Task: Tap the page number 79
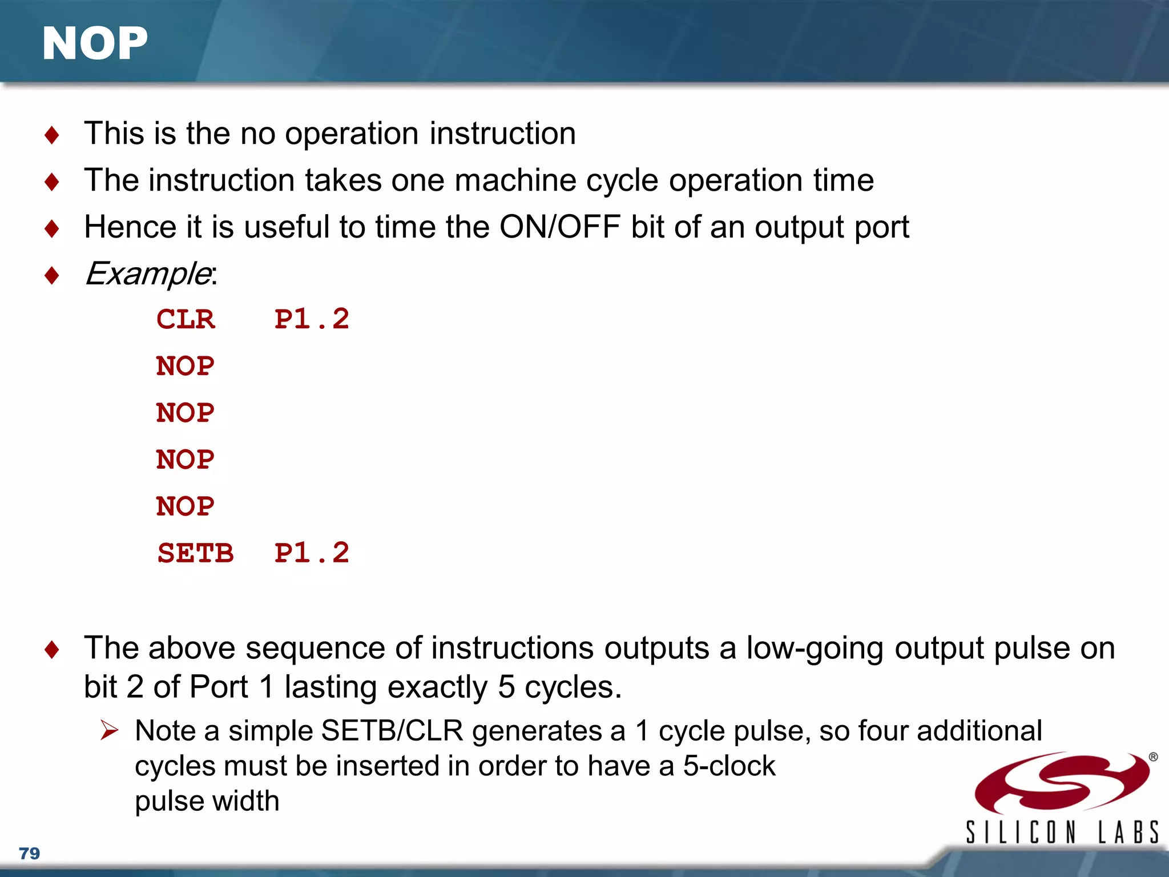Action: (x=29, y=853)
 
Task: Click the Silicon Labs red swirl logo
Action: (x=1062, y=783)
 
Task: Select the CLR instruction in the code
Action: (x=186, y=319)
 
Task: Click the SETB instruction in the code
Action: (x=195, y=553)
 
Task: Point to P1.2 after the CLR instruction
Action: (x=312, y=319)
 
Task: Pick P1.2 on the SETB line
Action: (x=312, y=553)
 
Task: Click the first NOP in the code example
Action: (x=186, y=366)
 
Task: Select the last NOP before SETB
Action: (x=186, y=506)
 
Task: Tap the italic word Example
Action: (x=148, y=273)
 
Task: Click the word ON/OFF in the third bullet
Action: (x=560, y=227)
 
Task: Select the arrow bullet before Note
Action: (x=109, y=730)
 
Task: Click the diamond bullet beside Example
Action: (x=52, y=276)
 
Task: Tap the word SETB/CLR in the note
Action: (x=392, y=731)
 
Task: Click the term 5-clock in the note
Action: (x=729, y=766)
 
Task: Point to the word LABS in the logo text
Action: (x=1128, y=832)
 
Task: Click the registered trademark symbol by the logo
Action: (x=1153, y=757)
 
